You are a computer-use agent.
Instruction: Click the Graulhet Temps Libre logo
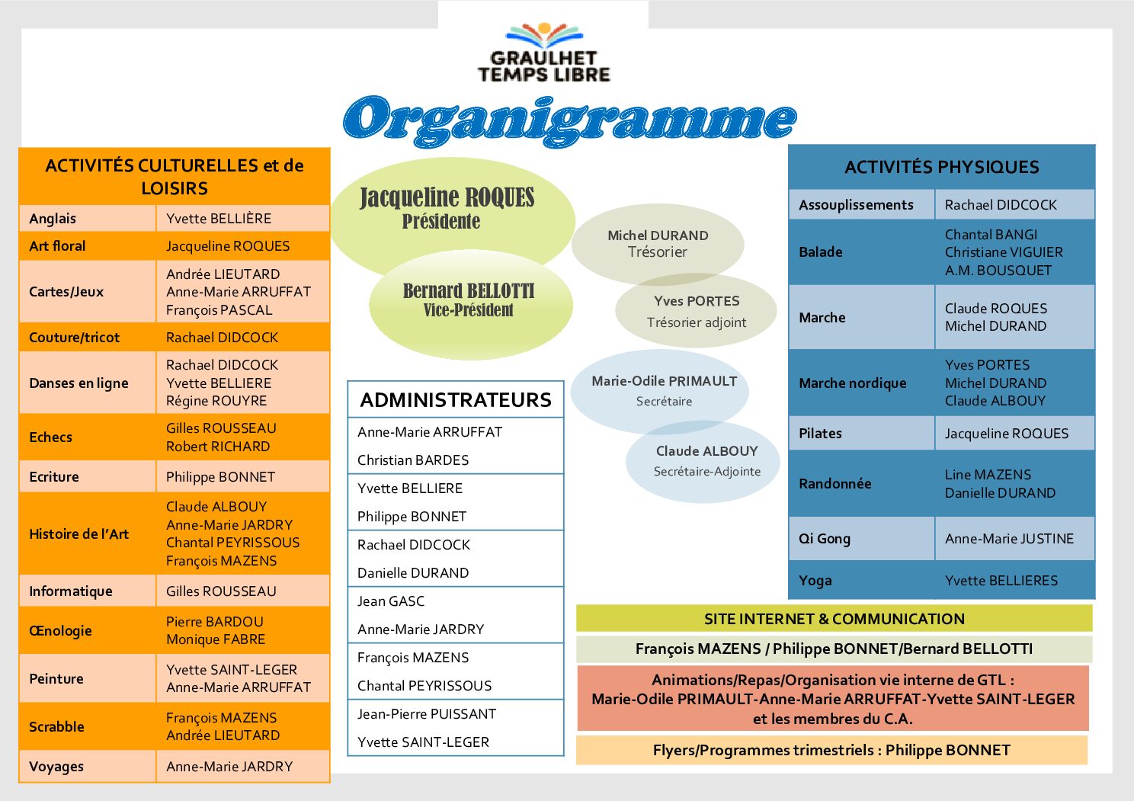(543, 53)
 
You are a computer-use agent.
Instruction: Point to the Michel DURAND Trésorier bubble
(658, 243)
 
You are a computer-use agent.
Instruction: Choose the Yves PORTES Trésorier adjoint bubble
(697, 311)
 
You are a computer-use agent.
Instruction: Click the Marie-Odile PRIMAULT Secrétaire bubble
(664, 390)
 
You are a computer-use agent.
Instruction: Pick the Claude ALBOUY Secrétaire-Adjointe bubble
(706, 460)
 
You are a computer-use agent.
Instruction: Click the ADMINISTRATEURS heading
(456, 400)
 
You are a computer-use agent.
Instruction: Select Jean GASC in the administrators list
(391, 601)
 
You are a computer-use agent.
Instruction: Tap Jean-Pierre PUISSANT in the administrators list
(427, 714)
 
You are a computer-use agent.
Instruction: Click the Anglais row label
(53, 219)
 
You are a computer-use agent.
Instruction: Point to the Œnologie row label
(60, 631)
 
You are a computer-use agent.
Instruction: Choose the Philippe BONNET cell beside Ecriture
(220, 477)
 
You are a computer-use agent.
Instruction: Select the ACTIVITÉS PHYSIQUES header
(941, 167)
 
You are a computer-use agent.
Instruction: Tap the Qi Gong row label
(824, 539)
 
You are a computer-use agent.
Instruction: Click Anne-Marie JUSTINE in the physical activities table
(1009, 539)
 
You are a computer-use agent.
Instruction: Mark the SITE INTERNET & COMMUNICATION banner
(834, 619)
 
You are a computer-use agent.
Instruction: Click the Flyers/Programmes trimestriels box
(831, 750)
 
